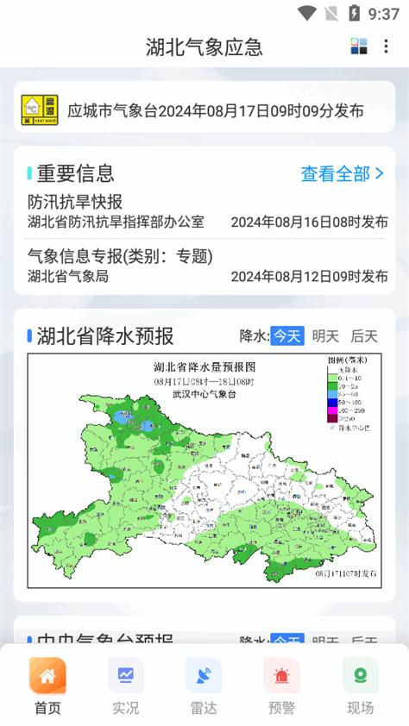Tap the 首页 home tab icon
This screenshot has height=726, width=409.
tap(47, 676)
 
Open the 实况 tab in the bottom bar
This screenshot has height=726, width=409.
tap(125, 676)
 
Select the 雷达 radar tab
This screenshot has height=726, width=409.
tap(204, 676)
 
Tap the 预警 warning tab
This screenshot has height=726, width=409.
tap(281, 676)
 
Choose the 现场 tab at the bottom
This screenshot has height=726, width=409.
tap(360, 676)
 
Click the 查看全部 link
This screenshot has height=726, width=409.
tap(342, 174)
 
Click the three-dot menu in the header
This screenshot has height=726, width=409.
tap(386, 47)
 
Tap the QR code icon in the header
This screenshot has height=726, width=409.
tap(359, 47)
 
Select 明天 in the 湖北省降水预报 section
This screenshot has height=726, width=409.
tap(325, 336)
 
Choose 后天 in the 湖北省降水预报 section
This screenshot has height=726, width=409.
tap(363, 336)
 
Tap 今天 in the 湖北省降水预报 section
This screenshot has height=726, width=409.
tap(286, 336)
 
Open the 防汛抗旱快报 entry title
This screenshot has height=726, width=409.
tap(75, 202)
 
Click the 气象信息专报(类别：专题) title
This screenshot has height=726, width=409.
tap(120, 256)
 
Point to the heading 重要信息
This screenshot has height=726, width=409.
tap(76, 174)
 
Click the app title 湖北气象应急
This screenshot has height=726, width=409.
tap(204, 47)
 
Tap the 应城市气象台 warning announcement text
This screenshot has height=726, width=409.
tap(215, 110)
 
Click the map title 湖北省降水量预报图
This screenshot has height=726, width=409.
tap(204, 366)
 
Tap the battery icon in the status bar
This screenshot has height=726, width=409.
tap(354, 13)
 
